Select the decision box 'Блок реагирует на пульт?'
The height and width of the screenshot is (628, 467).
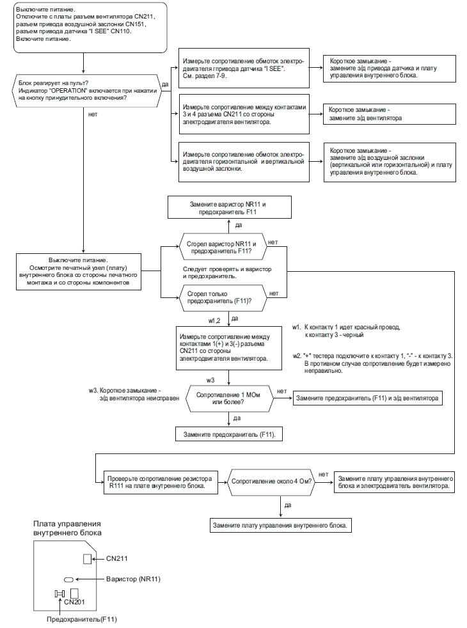[88, 91]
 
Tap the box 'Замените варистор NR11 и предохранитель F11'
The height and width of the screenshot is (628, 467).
[229, 207]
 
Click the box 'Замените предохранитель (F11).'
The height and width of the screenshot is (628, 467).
[229, 434]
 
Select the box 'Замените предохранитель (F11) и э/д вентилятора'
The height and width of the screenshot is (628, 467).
[368, 398]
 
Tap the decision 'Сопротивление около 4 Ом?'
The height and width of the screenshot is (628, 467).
[271, 482]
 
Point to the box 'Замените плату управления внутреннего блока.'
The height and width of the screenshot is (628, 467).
[280, 525]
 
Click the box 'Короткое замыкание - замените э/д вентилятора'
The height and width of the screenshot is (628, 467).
[390, 114]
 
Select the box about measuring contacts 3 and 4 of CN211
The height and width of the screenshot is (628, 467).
[244, 114]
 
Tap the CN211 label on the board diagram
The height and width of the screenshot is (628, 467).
[117, 558]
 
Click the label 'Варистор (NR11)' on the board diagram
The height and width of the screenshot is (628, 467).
[133, 579]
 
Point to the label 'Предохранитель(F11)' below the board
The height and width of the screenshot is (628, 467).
[82, 619]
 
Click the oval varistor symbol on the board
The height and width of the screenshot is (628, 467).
[68, 579]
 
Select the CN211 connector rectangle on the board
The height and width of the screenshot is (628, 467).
[87, 559]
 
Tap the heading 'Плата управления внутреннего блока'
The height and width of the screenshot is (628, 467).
[67, 528]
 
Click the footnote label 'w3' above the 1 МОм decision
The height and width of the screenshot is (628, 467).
[210, 380]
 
